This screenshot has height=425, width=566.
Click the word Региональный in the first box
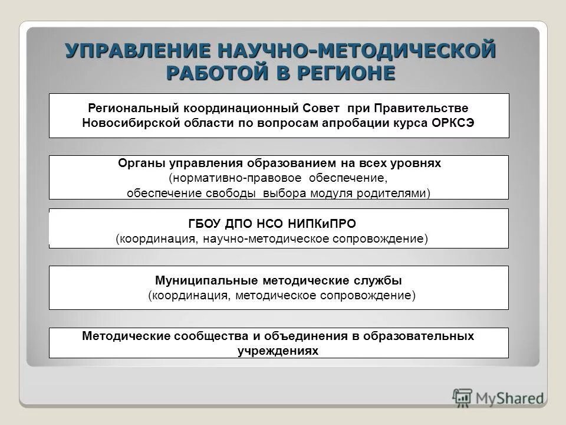[x=133, y=109]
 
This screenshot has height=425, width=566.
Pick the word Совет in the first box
[x=322, y=109]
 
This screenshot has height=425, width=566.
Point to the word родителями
[x=398, y=193]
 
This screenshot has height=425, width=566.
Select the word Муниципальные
[x=199, y=280]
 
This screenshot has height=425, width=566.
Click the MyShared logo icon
[x=462, y=397]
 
